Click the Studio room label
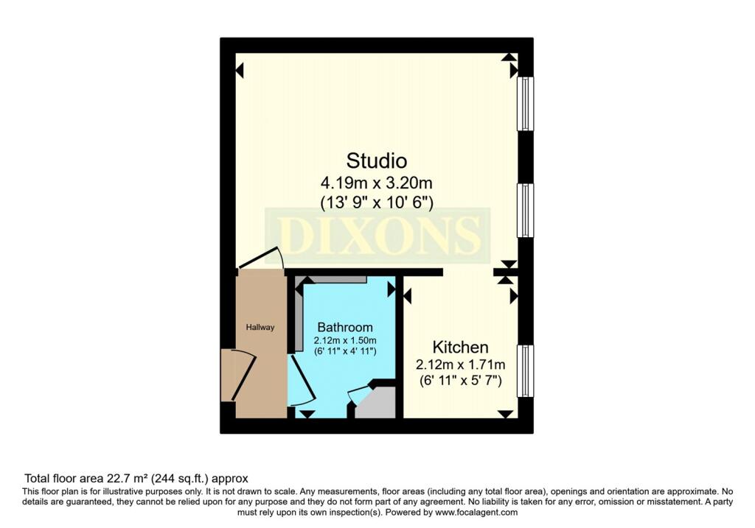(x=377, y=160)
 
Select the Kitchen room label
(x=460, y=347)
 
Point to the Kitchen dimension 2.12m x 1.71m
(x=460, y=364)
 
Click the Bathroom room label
(x=344, y=327)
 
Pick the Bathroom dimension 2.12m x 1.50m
(x=344, y=340)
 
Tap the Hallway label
(x=260, y=327)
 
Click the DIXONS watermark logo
(x=377, y=235)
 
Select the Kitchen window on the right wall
(x=525, y=370)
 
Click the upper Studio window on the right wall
(x=525, y=104)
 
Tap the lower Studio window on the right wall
(x=525, y=210)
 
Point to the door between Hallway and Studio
(x=262, y=258)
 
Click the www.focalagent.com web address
(x=477, y=512)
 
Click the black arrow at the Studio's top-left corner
(x=240, y=71)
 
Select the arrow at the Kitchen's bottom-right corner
(x=505, y=414)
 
